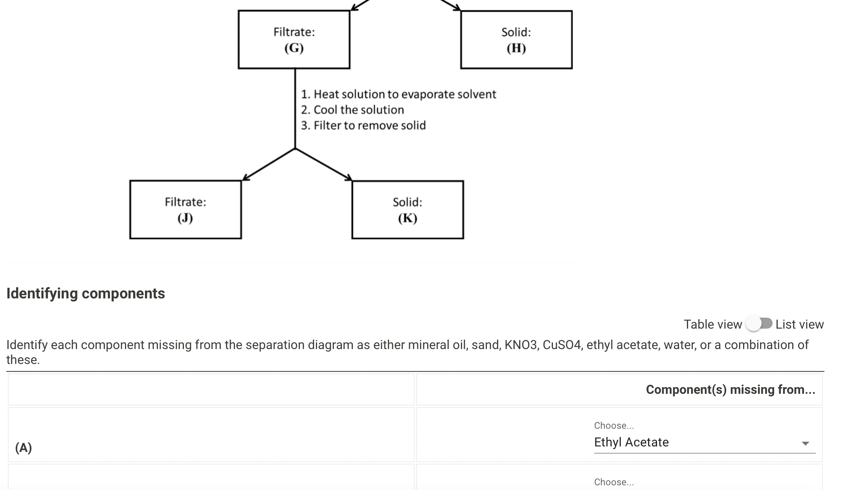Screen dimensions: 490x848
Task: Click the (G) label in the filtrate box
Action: click(294, 48)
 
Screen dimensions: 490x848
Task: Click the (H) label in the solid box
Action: click(516, 48)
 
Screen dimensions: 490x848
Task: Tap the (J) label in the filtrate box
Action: click(185, 218)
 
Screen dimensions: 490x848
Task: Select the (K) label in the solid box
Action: click(407, 218)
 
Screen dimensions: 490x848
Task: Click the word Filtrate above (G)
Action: click(294, 32)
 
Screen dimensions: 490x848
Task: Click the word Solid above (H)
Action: click(516, 32)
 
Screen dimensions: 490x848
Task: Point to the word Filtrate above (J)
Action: click(185, 202)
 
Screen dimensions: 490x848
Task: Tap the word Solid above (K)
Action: click(407, 202)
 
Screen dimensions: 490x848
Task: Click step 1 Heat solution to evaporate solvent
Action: click(398, 94)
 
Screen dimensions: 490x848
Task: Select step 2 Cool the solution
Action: click(352, 110)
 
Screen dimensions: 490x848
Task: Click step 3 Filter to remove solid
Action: click(363, 126)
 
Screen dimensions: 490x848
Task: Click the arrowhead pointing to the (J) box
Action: click(246, 178)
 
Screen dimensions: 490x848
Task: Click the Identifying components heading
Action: click(86, 294)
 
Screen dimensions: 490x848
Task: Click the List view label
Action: click(799, 324)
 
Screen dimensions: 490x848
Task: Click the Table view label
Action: click(712, 324)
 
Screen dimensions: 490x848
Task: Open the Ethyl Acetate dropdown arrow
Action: click(805, 443)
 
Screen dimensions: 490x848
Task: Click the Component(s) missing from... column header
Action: click(730, 389)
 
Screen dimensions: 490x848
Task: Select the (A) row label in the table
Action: click(24, 448)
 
